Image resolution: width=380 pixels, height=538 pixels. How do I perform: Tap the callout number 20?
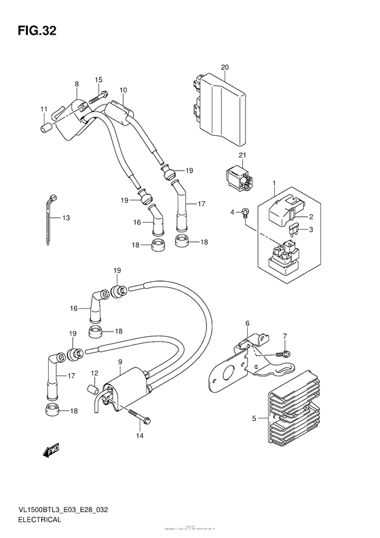click(225, 67)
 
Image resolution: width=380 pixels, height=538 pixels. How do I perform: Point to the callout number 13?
click(66, 217)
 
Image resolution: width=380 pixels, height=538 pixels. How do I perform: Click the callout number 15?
click(98, 79)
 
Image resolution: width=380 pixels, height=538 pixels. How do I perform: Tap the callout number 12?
click(95, 372)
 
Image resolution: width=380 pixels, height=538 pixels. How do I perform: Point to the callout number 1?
click(273, 183)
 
